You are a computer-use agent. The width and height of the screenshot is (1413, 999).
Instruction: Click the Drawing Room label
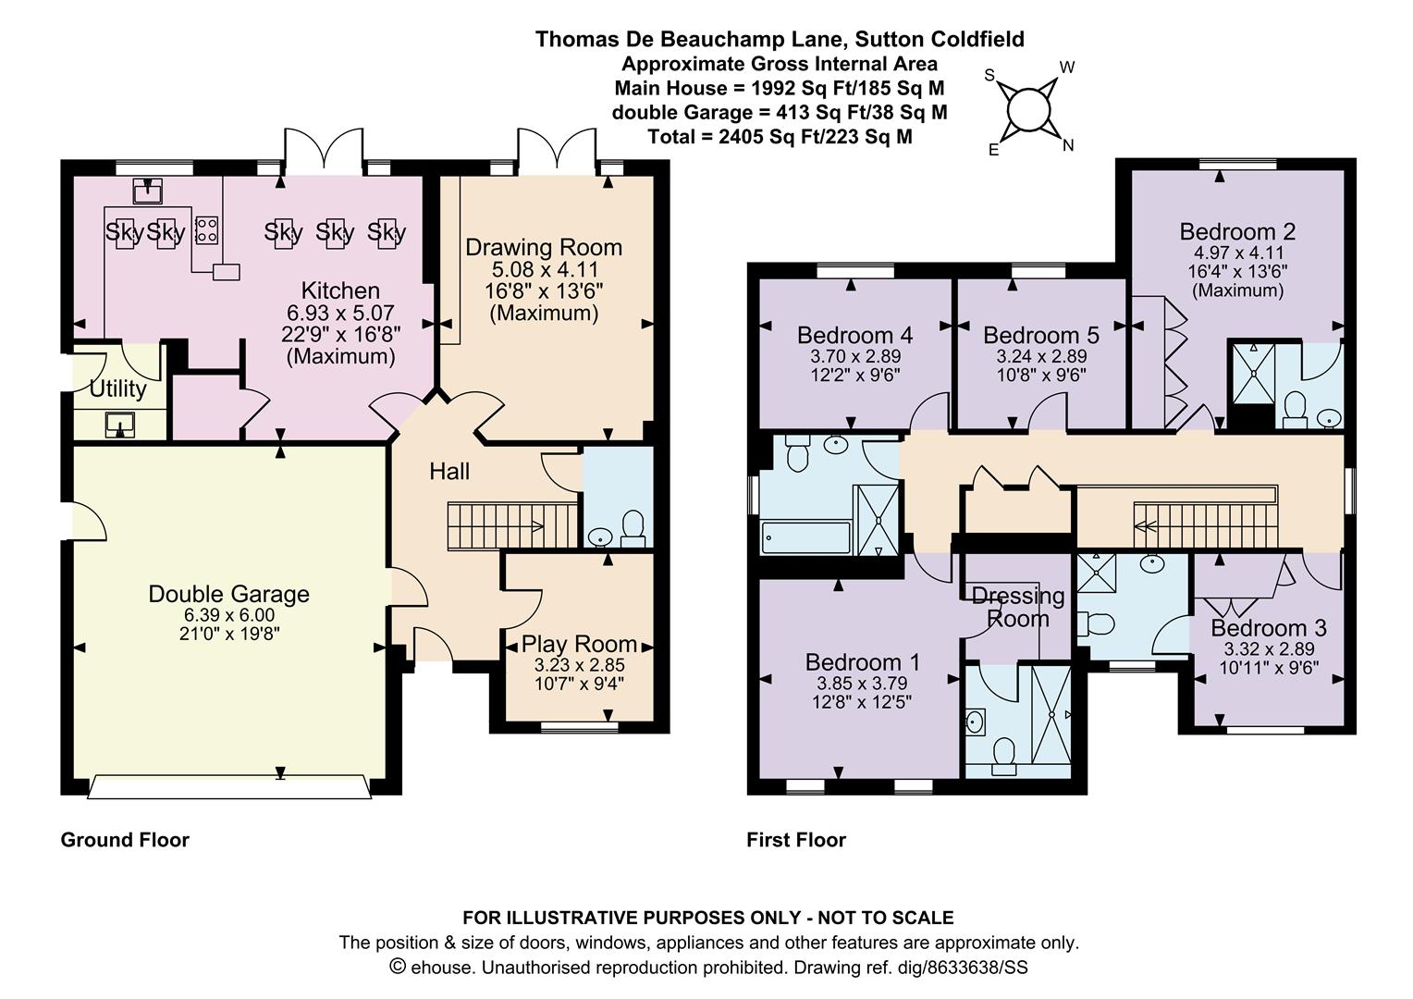pyautogui.click(x=544, y=247)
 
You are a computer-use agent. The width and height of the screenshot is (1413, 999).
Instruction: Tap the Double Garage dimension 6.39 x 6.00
pyautogui.click(x=229, y=615)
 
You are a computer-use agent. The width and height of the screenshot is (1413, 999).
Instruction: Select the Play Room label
pyautogui.click(x=579, y=644)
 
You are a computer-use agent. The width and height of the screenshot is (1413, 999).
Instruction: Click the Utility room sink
pyautogui.click(x=120, y=425)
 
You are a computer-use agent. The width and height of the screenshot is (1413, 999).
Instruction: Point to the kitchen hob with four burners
pyautogui.click(x=207, y=230)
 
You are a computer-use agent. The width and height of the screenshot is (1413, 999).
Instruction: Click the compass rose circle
pyautogui.click(x=1029, y=110)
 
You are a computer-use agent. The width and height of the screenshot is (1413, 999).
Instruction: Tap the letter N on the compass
pyautogui.click(x=1068, y=146)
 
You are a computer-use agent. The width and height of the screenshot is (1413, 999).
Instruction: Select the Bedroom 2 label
pyautogui.click(x=1237, y=231)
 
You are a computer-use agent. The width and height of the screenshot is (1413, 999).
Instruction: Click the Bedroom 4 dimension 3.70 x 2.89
pyautogui.click(x=855, y=356)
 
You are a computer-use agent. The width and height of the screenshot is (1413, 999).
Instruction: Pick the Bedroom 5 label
pyautogui.click(x=1041, y=335)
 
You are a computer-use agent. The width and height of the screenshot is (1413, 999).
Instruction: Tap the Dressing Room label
pyautogui.click(x=1018, y=607)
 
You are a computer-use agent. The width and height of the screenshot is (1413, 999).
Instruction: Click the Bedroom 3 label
pyautogui.click(x=1269, y=628)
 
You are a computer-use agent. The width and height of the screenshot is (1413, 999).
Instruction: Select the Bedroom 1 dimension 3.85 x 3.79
pyautogui.click(x=862, y=683)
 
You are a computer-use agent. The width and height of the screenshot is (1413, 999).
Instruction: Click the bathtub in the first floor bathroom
pyautogui.click(x=806, y=537)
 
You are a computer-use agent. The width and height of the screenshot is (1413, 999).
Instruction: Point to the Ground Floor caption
pyautogui.click(x=125, y=840)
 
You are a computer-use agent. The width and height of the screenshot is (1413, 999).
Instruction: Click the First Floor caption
pyautogui.click(x=796, y=840)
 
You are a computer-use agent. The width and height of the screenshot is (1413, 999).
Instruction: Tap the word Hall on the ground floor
pyautogui.click(x=449, y=472)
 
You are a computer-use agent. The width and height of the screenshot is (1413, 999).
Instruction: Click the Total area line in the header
pyautogui.click(x=780, y=136)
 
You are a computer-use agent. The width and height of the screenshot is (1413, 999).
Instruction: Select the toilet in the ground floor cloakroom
pyautogui.click(x=633, y=529)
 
